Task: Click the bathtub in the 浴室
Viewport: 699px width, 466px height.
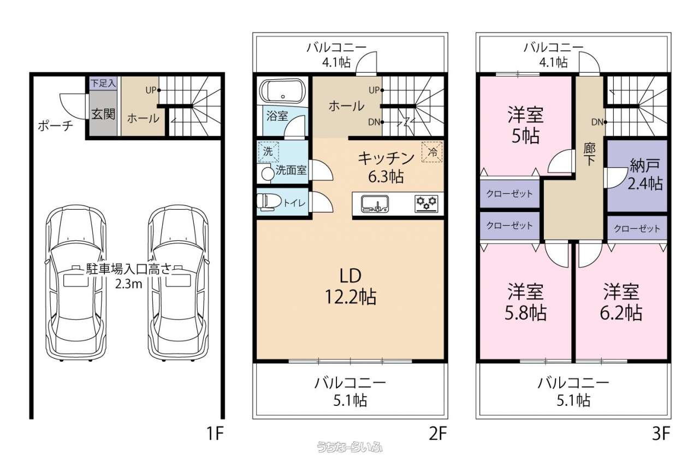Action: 282,91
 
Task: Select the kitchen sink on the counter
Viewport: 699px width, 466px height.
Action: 375,204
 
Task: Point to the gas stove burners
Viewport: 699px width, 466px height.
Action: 426,204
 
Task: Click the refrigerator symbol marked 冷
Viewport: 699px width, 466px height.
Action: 432,152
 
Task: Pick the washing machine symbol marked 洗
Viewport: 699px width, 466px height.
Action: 268,151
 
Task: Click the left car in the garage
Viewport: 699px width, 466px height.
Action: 76,283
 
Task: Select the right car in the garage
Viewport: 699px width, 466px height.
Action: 179,283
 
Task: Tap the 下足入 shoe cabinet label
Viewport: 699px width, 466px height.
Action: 103,84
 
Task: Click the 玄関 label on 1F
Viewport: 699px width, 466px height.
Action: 103,114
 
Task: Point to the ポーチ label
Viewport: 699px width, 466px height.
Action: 56,126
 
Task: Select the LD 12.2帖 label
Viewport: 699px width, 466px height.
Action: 351,286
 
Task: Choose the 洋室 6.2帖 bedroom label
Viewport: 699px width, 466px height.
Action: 621,302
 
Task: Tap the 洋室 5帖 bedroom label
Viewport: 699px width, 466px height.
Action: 525,125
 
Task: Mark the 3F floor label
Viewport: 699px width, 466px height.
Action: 661,434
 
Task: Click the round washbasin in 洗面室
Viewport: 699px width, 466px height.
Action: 267,174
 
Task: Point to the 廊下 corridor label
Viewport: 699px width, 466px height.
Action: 589,155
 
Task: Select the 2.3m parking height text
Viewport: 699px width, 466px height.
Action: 128,284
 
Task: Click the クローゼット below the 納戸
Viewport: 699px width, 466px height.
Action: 637,228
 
